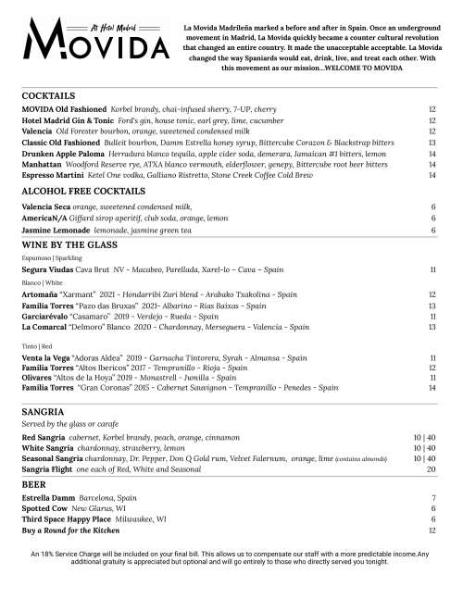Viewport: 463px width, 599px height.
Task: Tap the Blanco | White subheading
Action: coord(41,282)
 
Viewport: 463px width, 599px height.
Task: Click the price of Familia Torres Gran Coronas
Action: coord(432,388)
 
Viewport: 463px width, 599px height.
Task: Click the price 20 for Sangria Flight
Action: coord(432,469)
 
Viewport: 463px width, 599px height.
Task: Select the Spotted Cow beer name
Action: coord(44,508)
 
